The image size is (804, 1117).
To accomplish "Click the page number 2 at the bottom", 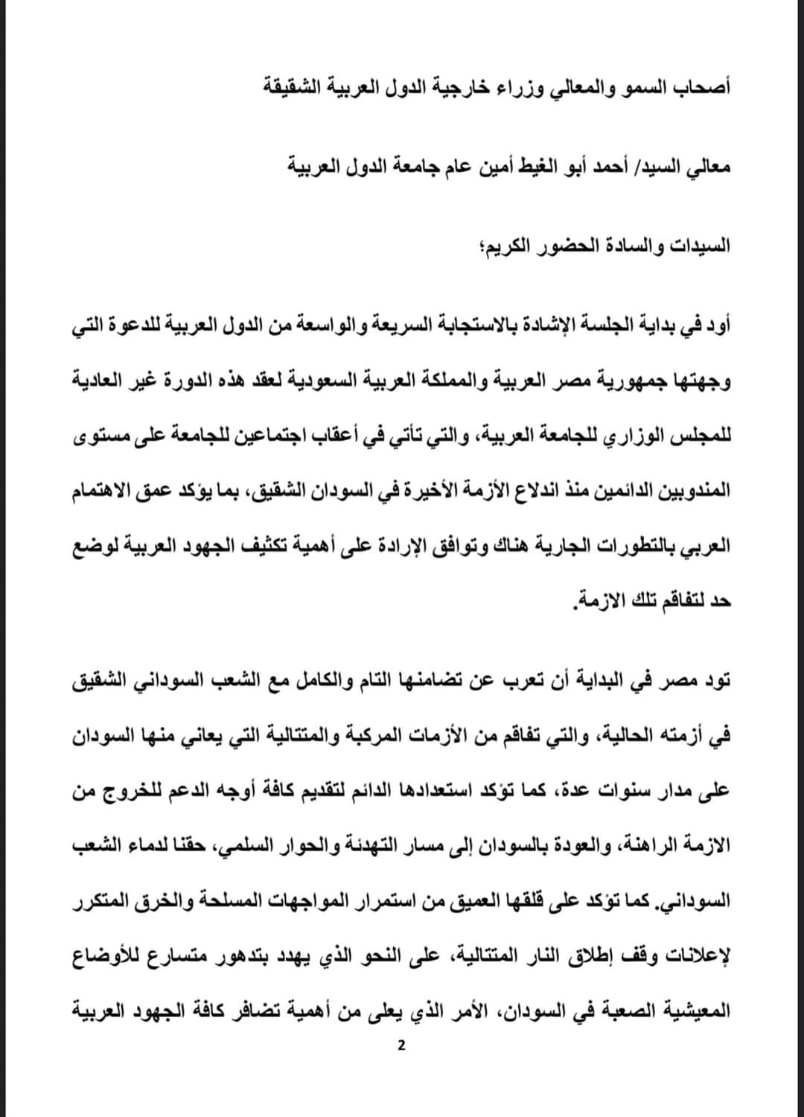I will [x=401, y=1046].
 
